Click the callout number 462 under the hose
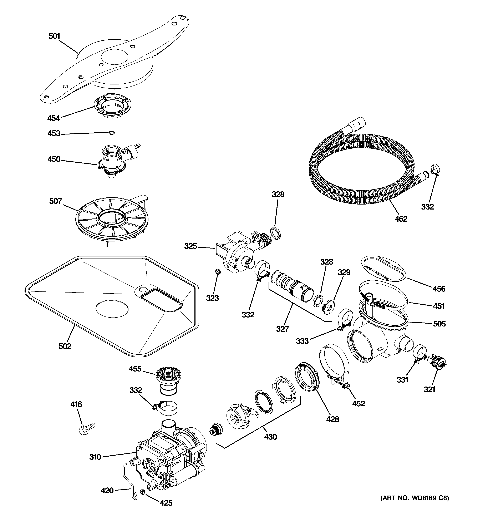click(401, 219)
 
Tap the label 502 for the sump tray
click(65, 346)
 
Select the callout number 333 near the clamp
click(302, 341)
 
